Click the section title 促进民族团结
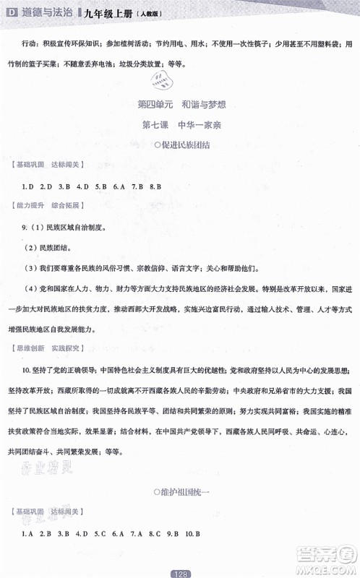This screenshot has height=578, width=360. coord(181,145)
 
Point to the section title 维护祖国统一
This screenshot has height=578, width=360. coord(181,491)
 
